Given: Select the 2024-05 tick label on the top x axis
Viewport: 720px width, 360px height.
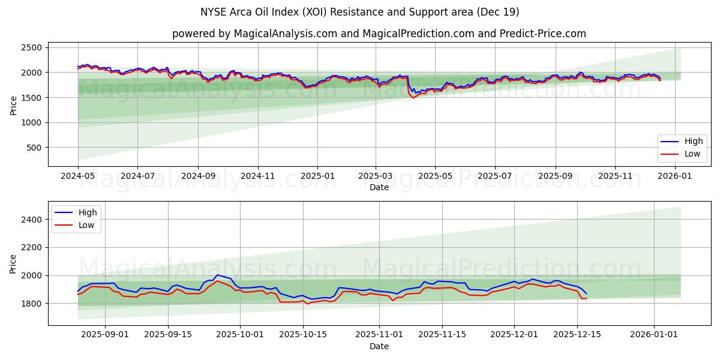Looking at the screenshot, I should pyautogui.click(x=78, y=176).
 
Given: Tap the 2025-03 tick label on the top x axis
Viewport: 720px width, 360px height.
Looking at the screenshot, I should pyautogui.click(x=376, y=176).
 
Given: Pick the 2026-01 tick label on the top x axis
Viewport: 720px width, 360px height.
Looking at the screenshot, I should pyautogui.click(x=675, y=176).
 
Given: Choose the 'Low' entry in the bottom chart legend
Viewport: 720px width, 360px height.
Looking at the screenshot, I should pyautogui.click(x=88, y=225).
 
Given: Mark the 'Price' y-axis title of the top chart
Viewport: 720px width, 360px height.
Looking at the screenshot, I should pyautogui.click(x=13, y=105).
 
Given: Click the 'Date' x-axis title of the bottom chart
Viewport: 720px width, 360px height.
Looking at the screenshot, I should pyautogui.click(x=379, y=346).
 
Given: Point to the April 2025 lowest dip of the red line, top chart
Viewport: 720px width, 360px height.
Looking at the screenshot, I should pyautogui.click(x=413, y=98).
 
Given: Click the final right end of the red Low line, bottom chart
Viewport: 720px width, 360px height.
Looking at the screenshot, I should pyautogui.click(x=586, y=298).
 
